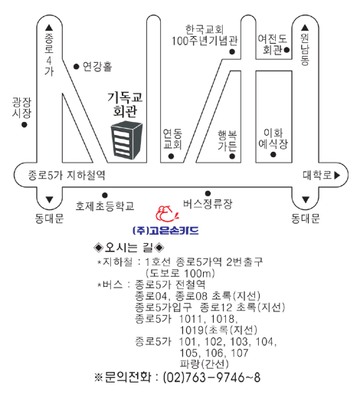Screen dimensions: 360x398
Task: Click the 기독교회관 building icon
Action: click(126, 140)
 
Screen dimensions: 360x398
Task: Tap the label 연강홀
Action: click(97, 67)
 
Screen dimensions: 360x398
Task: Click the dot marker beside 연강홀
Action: click(76, 67)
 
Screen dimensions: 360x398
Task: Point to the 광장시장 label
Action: click(21, 107)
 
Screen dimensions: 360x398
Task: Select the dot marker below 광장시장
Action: click(25, 125)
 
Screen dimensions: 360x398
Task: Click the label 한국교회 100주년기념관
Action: click(205, 35)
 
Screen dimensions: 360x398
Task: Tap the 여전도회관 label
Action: click(273, 44)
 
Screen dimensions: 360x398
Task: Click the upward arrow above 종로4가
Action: click(49, 28)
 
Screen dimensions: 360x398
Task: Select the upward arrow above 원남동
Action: click(305, 28)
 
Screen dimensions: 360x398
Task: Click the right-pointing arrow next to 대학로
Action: click(337, 176)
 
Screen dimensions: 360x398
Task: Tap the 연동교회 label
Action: click(172, 139)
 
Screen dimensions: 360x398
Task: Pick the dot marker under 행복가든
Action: click(232, 156)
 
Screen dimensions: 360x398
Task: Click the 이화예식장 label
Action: click(273, 139)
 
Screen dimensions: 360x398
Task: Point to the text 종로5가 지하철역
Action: click(67, 176)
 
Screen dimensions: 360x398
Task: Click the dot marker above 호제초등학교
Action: click(105, 196)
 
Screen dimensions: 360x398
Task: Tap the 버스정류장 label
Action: click(208, 204)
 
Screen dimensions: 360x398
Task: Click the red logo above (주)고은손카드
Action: click(166, 214)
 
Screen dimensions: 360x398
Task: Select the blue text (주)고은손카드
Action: click(165, 231)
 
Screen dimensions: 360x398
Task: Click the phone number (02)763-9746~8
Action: click(211, 377)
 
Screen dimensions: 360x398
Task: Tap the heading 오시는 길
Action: click(129, 247)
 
